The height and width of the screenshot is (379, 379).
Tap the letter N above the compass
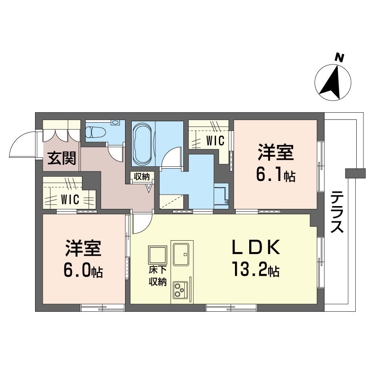coord(339,57)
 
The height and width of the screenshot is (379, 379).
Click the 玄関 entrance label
coord(62,157)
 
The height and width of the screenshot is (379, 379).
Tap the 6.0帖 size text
coord(83,271)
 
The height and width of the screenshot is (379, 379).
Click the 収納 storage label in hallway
coord(141,177)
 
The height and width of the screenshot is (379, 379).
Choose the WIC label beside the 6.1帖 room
coord(215,141)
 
